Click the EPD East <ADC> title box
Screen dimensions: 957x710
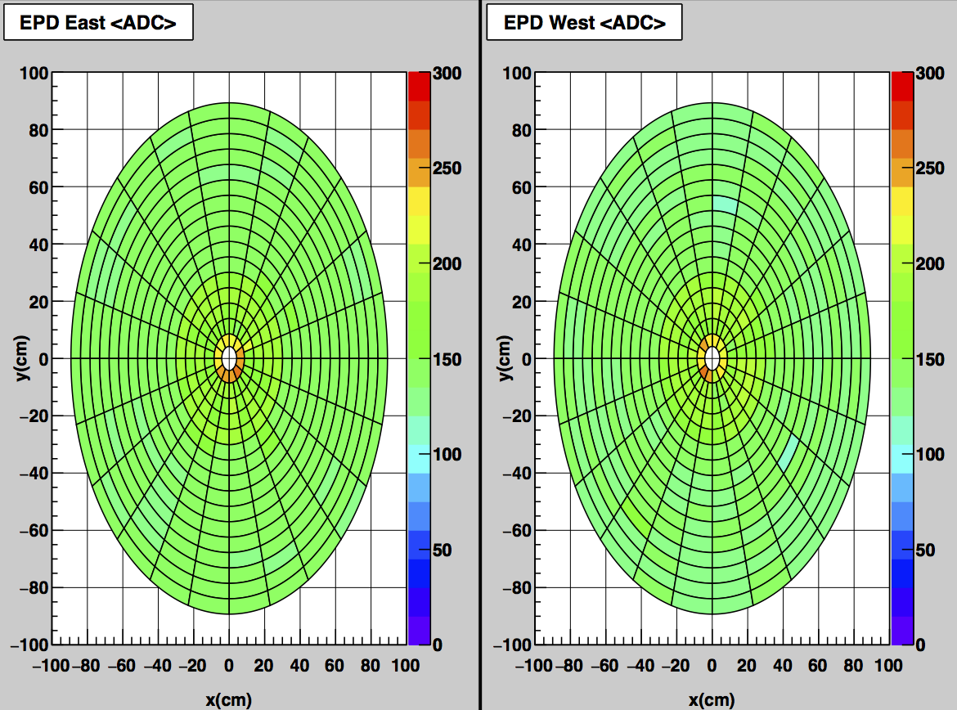[x=98, y=23]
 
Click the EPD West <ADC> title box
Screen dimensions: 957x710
[x=584, y=23]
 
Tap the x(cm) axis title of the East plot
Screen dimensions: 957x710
[x=229, y=699]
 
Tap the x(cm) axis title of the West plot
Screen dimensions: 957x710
[x=712, y=699]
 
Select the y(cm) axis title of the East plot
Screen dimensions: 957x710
[x=22, y=358]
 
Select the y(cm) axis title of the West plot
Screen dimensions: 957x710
[x=505, y=358]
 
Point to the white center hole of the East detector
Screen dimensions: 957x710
[x=229, y=358]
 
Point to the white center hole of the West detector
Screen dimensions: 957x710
[x=712, y=358]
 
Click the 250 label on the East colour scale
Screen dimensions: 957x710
[x=447, y=168]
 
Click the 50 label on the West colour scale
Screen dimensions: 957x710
[x=925, y=550]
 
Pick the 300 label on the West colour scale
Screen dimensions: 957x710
[x=930, y=74]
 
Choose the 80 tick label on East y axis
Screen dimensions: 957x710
[x=38, y=130]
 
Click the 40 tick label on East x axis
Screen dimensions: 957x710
[x=299, y=666]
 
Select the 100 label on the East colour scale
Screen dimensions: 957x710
[x=447, y=455]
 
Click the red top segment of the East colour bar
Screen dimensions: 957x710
[x=420, y=86]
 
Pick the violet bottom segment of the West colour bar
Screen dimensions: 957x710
[x=902, y=630]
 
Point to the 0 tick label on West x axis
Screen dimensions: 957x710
[x=712, y=666]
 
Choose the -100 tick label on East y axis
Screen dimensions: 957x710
[x=30, y=645]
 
